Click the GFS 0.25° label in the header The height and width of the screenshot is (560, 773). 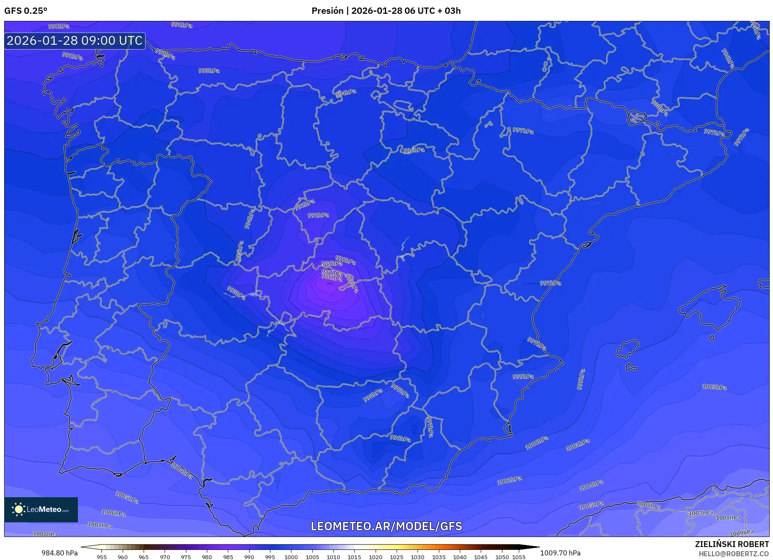click(26, 11)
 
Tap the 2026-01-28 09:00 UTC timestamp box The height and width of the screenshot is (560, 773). click(75, 41)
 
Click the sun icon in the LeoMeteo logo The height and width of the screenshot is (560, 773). click(19, 509)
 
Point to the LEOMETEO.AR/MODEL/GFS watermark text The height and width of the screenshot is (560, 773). click(386, 526)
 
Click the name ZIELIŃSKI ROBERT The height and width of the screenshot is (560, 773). click(732, 544)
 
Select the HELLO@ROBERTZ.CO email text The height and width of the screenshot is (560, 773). click(733, 554)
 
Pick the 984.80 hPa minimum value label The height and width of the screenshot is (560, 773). click(59, 553)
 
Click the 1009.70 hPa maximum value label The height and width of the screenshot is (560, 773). click(560, 553)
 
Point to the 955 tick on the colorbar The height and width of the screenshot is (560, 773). click(101, 557)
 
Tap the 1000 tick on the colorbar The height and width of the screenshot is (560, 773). click(291, 557)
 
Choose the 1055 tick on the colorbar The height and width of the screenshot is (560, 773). click(518, 557)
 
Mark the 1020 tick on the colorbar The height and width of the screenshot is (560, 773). click(375, 557)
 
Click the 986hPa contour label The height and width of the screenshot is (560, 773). click(332, 277)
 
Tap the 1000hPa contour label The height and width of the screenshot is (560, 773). click(536, 443)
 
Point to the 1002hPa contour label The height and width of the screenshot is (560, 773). click(509, 480)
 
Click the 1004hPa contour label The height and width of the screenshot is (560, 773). click(591, 485)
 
